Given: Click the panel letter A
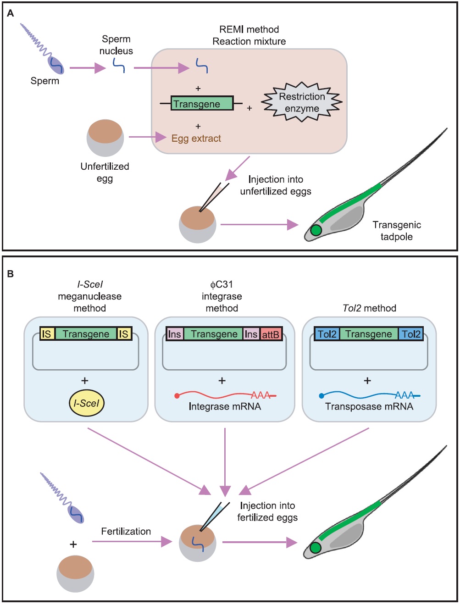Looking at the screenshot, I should click(x=11, y=13).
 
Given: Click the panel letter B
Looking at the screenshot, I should click(x=11, y=274).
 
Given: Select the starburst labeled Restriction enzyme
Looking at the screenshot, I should click(x=302, y=102).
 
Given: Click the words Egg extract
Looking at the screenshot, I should click(x=196, y=138).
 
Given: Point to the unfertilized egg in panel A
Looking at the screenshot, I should click(x=105, y=138).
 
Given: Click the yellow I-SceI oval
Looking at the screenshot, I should click(x=86, y=403).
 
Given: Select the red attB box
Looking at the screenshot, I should click(x=271, y=334).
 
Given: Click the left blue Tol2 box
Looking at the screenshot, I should click(x=327, y=334).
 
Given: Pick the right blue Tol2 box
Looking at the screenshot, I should click(x=410, y=334).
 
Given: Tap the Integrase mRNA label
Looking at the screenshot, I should click(x=225, y=406).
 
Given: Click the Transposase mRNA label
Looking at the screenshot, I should click(x=369, y=406).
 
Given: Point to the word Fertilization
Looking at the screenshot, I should click(x=126, y=531).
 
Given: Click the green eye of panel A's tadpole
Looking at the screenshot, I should click(x=316, y=230).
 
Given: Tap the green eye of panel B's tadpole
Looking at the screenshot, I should click(x=315, y=548).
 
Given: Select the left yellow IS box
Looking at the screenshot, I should click(x=47, y=334).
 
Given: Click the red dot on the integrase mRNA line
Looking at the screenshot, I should click(x=177, y=396).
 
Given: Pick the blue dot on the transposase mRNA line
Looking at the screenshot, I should click(x=321, y=395).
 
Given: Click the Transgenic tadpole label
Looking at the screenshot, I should click(x=397, y=231).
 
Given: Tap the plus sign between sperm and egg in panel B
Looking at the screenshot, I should click(x=73, y=544).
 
